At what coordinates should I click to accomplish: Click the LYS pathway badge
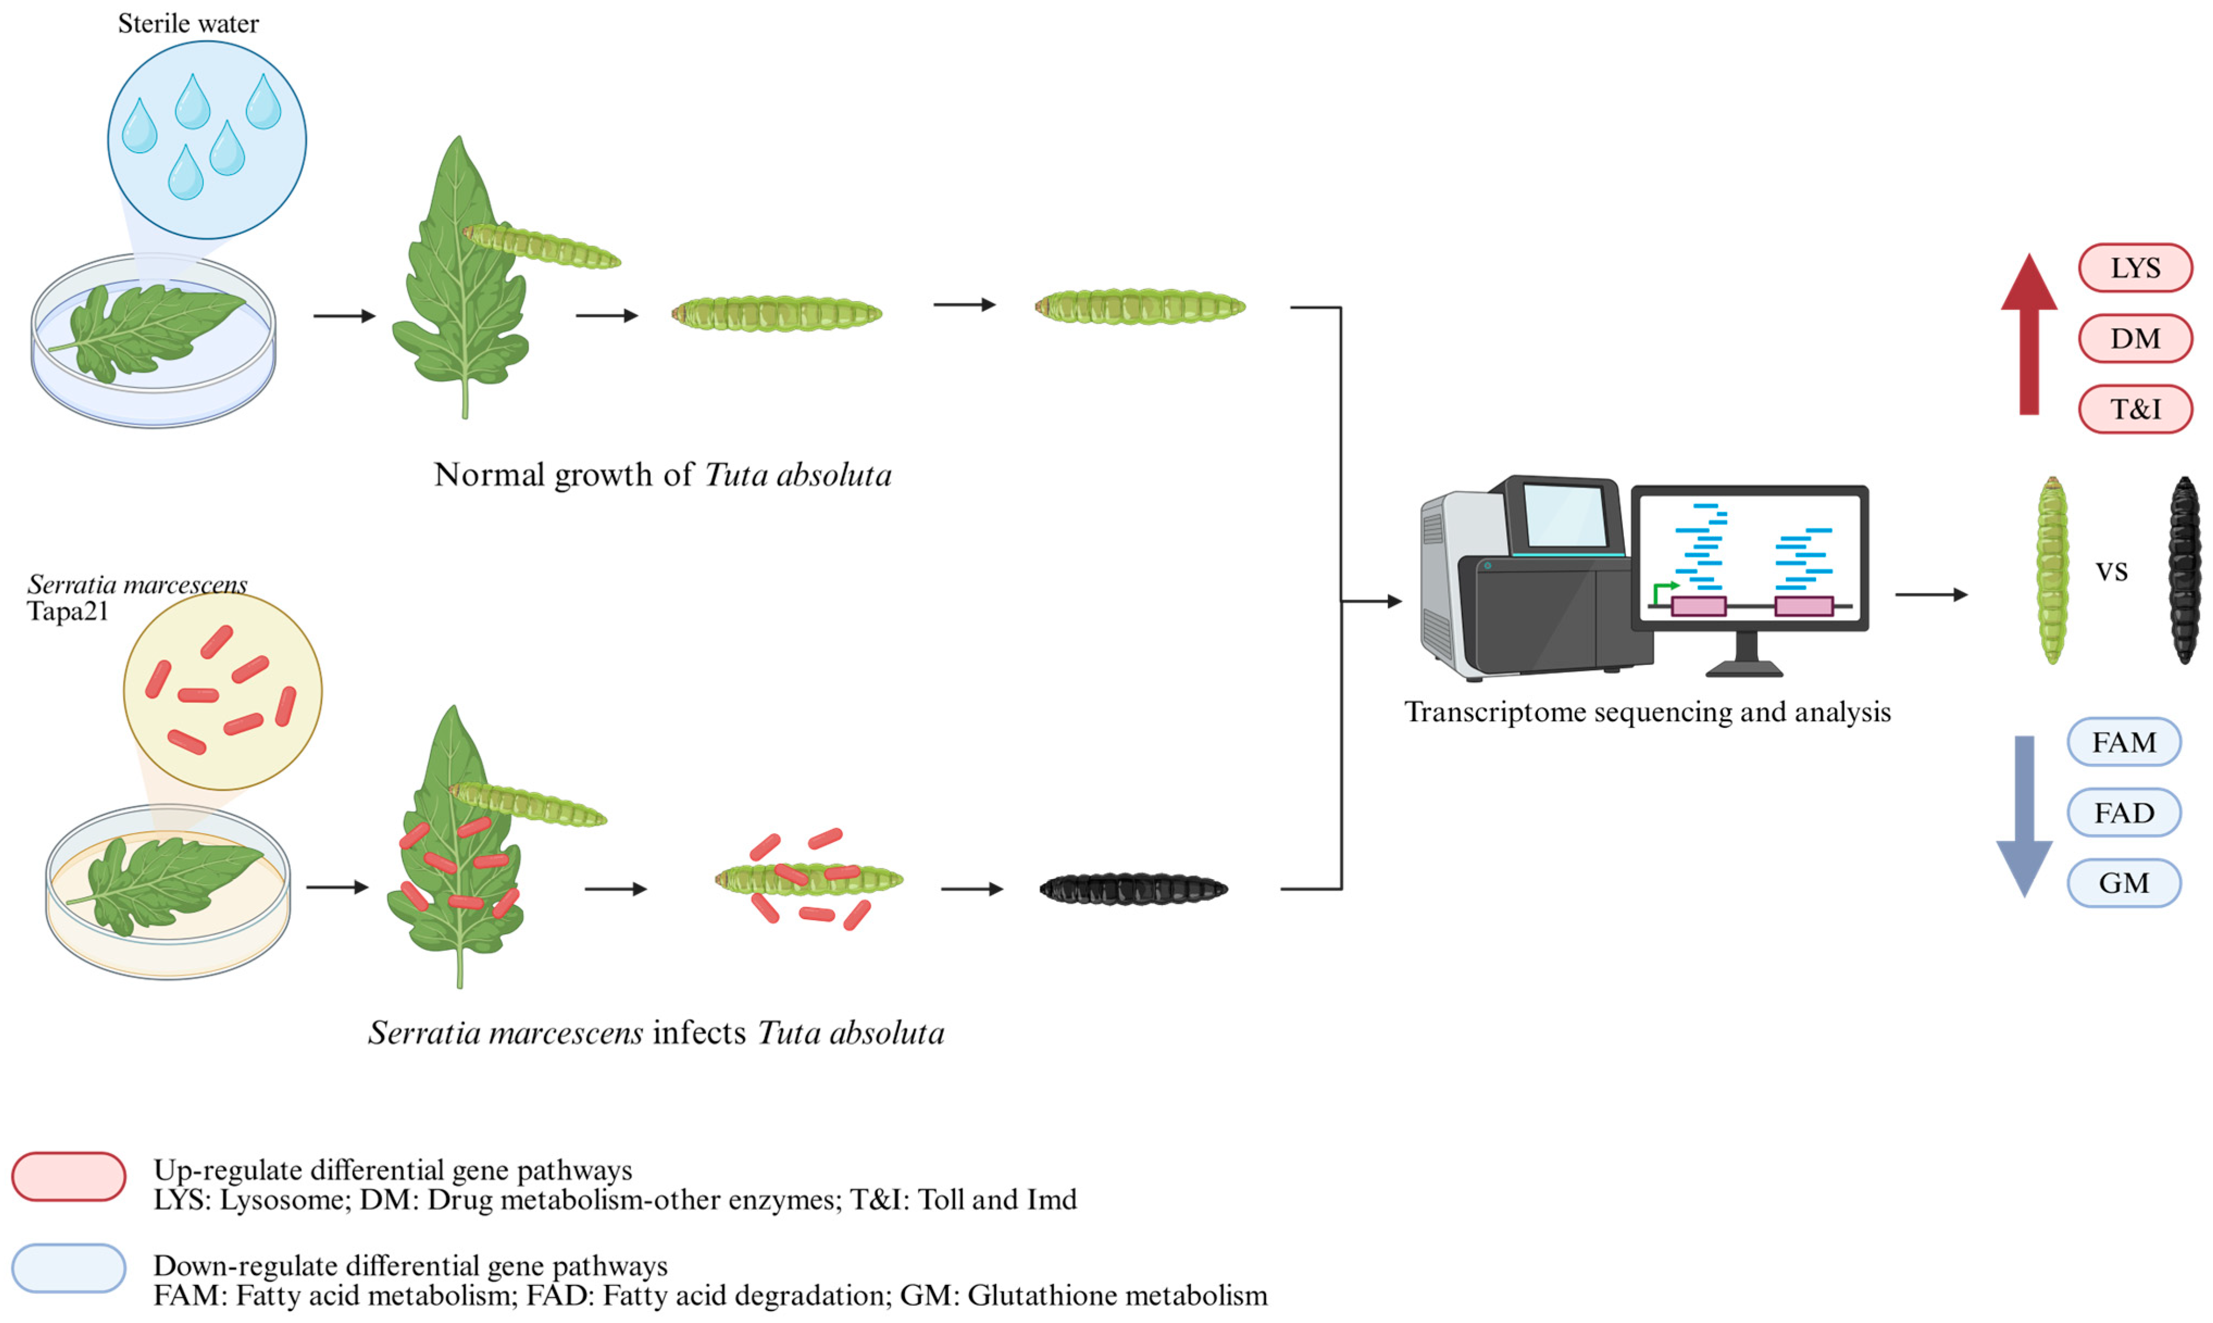2135,267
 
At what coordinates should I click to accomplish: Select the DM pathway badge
2135,339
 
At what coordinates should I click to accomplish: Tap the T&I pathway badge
2135,409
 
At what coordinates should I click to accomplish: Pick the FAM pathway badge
2124,742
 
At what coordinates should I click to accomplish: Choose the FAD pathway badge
2124,812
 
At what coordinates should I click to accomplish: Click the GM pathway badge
2124,883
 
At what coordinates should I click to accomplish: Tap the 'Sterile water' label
188,23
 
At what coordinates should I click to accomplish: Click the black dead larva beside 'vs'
2185,571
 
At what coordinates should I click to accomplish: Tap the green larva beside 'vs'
2052,571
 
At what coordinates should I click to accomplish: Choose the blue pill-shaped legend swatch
68,1268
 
